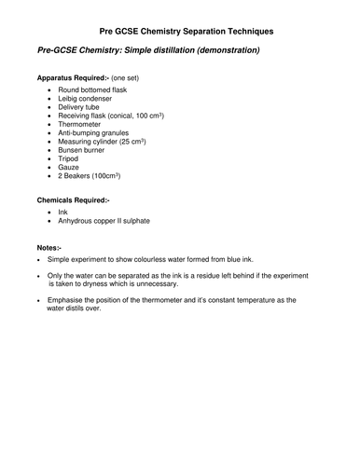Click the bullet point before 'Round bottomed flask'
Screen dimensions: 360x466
(x=62, y=96)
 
